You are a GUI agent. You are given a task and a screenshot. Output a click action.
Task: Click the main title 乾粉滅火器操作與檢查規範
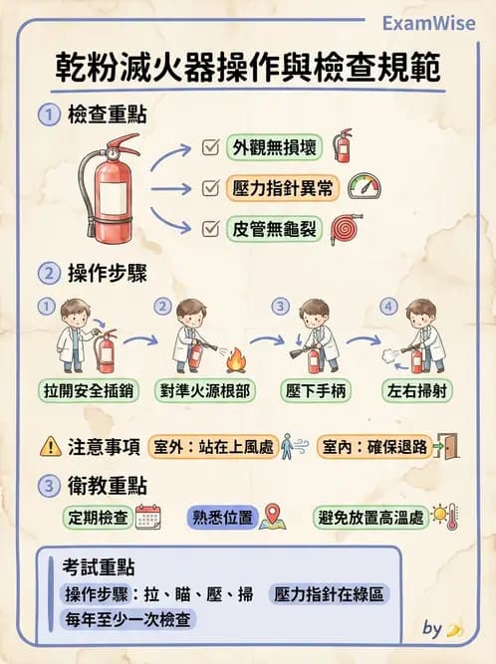coord(247,72)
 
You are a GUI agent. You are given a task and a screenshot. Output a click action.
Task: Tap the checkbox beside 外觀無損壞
coord(210,147)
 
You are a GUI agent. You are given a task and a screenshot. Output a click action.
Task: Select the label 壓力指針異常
coord(282,187)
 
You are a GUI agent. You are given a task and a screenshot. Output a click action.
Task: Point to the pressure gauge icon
coord(365,186)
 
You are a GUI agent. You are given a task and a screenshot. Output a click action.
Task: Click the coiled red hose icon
coord(347,228)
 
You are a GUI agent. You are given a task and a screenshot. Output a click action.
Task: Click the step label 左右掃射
coord(418,389)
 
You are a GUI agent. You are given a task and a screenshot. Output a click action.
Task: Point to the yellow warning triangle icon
coord(50,447)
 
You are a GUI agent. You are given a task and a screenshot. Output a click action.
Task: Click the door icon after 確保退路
coord(450,446)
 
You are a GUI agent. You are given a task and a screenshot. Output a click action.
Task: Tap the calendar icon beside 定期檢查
coord(147,517)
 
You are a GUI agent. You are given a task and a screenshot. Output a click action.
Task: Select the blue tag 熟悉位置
coord(223,518)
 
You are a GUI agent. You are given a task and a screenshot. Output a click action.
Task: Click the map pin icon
coord(274,517)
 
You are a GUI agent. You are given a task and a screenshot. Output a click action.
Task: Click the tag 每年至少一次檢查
coord(126,619)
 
